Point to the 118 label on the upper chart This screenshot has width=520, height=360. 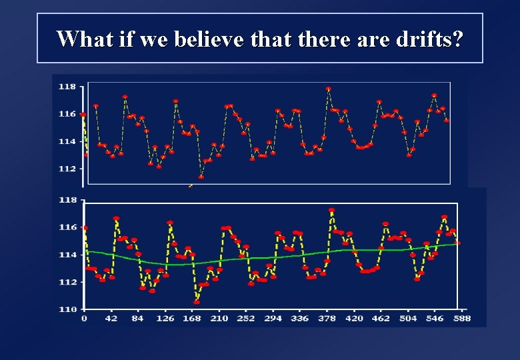(67, 87)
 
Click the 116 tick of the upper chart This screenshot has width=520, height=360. (67, 114)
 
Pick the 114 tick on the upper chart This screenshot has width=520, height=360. (67, 141)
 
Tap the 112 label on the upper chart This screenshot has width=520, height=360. (67, 169)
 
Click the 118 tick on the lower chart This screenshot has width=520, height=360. (67, 200)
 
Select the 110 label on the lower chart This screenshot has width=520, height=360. (67, 309)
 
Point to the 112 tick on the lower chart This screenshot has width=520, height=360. (67, 282)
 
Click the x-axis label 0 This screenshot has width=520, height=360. (84, 319)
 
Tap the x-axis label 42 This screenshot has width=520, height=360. (111, 319)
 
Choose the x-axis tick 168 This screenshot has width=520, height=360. (192, 319)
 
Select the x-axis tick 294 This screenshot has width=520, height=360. (272, 319)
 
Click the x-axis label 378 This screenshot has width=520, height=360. (327, 319)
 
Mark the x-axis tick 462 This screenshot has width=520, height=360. (381, 319)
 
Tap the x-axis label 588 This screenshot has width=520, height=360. (461, 319)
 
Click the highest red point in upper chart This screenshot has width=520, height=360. (328, 89)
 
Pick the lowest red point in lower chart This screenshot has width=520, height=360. (196, 302)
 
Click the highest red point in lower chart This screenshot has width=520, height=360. (331, 211)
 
